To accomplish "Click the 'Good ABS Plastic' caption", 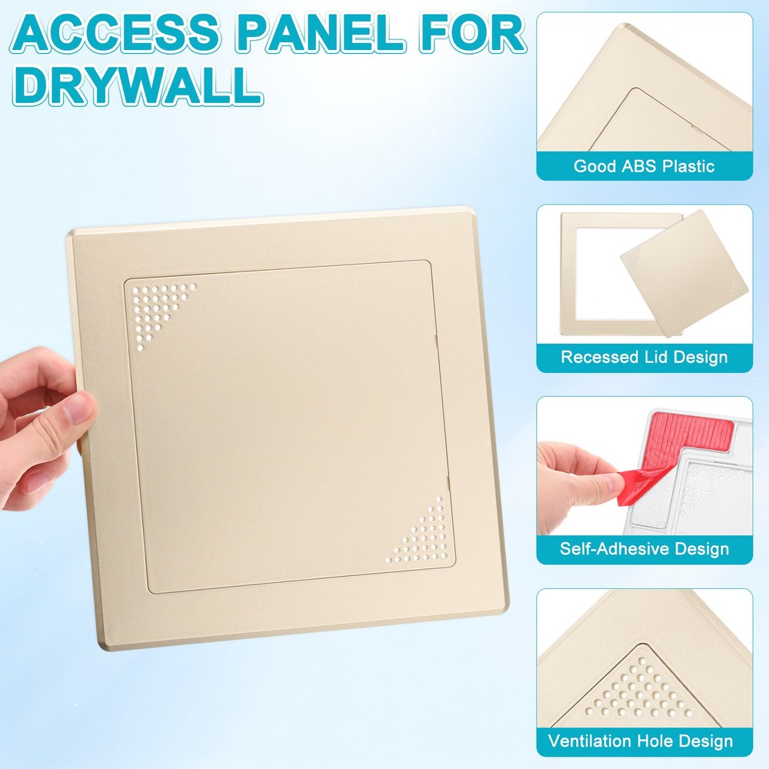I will pyautogui.click(x=644, y=166).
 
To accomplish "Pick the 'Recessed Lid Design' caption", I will pyautogui.click(x=644, y=357).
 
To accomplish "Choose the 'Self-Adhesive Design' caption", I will pyautogui.click(x=644, y=549).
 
